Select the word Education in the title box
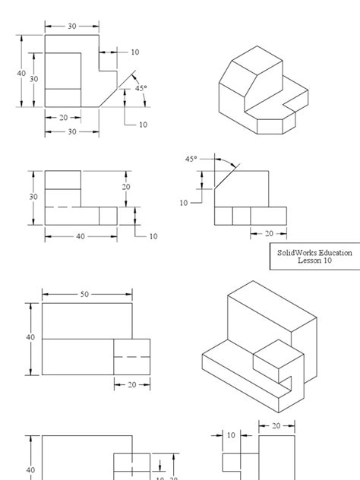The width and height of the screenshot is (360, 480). pos(334,253)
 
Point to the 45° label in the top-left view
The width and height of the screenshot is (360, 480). pos(141,88)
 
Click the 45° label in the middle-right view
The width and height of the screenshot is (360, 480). pos(191,159)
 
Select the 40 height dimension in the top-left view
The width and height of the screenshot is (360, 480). pos(21,73)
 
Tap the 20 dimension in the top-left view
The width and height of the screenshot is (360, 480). pos(63,118)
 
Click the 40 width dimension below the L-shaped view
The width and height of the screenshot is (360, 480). pos(81,236)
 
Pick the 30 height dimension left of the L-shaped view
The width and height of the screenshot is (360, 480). pos(33,197)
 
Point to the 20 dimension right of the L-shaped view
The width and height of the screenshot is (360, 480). pos(126,187)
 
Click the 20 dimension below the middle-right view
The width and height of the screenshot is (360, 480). pos(269,234)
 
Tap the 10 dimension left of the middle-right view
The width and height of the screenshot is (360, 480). pos(184,203)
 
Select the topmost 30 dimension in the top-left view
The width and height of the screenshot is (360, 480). pos(72,26)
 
